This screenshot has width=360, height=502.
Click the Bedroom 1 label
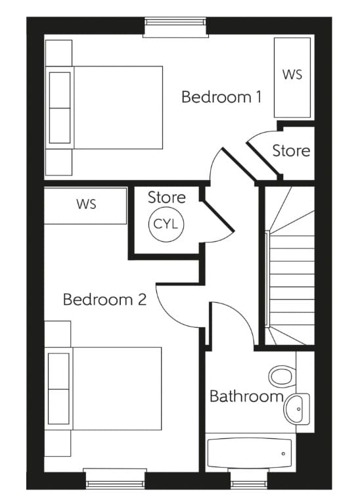(221, 97)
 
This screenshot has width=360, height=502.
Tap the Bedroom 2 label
(104, 300)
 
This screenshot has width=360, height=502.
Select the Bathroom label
(246, 397)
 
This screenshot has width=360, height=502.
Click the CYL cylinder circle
(166, 224)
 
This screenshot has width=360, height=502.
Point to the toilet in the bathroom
(281, 377)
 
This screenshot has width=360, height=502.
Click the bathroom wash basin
(296, 408)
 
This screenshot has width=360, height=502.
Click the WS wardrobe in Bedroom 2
(86, 205)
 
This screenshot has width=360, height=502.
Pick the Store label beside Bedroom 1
(291, 150)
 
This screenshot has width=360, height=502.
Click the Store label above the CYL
(166, 197)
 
